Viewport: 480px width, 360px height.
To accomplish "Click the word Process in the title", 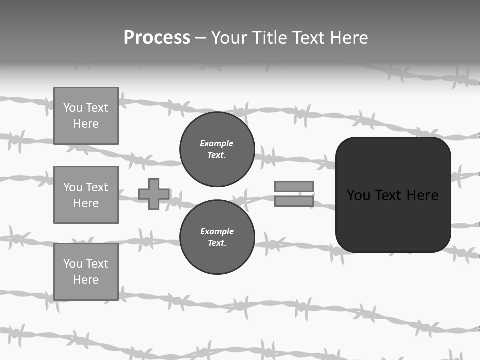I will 157,38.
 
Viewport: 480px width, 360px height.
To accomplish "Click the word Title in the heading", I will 271,38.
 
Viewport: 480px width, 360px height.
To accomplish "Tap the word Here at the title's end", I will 347,38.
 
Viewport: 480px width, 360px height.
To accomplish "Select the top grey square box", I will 86,116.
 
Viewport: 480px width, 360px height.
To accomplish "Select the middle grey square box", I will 86,195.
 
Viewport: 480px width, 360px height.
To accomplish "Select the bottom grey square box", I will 86,272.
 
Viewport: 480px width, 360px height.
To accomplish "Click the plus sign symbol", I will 154,194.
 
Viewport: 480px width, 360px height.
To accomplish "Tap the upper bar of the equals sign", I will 294,187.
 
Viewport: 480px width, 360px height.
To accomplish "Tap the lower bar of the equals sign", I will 294,201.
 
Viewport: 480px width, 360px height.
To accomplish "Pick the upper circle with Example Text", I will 217,149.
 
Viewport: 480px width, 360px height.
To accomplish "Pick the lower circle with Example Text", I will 217,237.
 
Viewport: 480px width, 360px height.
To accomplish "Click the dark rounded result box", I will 393,220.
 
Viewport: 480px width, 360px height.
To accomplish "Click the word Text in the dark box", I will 389,195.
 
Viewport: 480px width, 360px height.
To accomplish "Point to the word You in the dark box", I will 358,195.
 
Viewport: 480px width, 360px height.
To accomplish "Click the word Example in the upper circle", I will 216,143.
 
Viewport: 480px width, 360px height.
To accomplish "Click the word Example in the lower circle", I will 217,231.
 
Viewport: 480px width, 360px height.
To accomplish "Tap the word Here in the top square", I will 86,124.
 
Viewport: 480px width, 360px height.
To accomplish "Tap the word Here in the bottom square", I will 86,280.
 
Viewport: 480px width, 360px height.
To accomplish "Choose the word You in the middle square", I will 73,187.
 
